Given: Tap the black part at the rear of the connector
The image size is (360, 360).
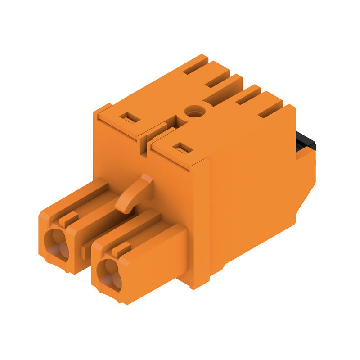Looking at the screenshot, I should tap(306, 141).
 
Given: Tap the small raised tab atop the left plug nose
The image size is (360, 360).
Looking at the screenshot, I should tap(68, 219).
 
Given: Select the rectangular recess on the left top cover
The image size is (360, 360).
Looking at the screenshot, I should tap(130, 118).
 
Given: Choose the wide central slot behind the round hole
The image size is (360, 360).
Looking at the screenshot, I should tap(223, 90).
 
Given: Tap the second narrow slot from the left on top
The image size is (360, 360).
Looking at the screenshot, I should tap(217, 79).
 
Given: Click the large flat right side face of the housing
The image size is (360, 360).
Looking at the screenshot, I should tap(252, 189).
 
